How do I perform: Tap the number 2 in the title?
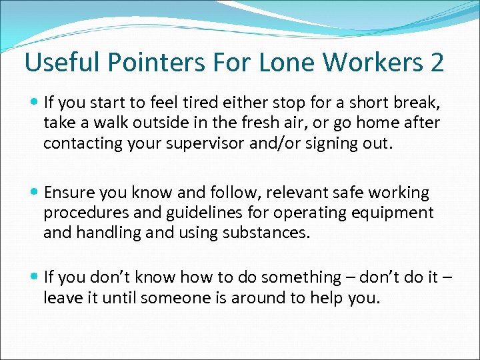(x=437, y=63)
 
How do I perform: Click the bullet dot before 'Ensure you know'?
(x=35, y=193)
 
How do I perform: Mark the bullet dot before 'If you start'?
(x=35, y=103)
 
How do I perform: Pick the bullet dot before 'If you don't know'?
(x=35, y=277)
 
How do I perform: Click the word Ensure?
(x=67, y=193)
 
